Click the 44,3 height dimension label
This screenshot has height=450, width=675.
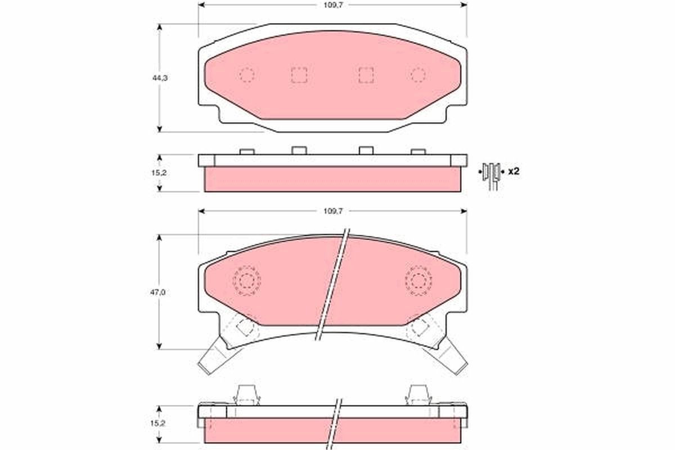click(x=160, y=78)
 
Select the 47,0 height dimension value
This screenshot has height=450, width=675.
click(x=158, y=292)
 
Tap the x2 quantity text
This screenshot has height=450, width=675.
click(x=514, y=172)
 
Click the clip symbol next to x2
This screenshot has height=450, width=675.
click(x=491, y=175)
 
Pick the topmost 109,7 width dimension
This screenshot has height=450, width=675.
click(x=333, y=6)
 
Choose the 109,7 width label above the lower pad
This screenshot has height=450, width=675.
click(x=333, y=211)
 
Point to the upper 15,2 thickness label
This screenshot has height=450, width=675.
click(x=159, y=173)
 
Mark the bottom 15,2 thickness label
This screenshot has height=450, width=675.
click(x=158, y=424)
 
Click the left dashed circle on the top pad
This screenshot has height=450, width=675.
click(x=247, y=74)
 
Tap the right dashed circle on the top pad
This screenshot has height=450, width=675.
click(x=418, y=74)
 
